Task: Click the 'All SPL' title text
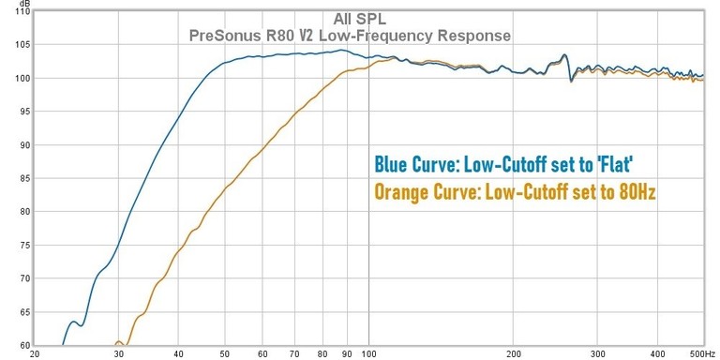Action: pyautogui.click(x=360, y=19)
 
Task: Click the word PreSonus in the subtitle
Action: pyautogui.click(x=225, y=36)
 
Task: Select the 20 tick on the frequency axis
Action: pyautogui.click(x=35, y=354)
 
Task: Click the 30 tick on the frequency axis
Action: pyautogui.click(x=118, y=354)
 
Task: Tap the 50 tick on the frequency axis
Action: pyautogui.click(x=225, y=354)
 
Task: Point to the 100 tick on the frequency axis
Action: pyautogui.click(x=368, y=354)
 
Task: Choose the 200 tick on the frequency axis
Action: pyautogui.click(x=513, y=354)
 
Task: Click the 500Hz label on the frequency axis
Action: pyautogui.click(x=692, y=354)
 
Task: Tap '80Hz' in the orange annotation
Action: pyautogui.click(x=639, y=193)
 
